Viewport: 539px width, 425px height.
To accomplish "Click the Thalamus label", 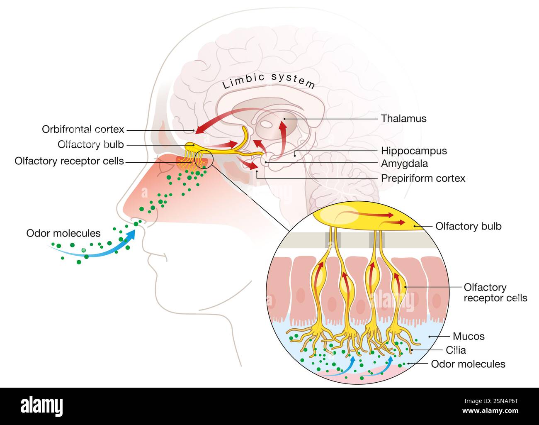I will (x=403, y=119).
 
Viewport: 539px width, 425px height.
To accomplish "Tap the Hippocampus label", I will (x=414, y=151).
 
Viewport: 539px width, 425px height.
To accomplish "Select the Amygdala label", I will (x=404, y=164).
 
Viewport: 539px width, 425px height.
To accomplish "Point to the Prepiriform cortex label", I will (x=423, y=178).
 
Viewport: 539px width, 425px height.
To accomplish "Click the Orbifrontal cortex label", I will (x=83, y=129).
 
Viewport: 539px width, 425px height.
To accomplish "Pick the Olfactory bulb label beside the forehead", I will (x=91, y=145).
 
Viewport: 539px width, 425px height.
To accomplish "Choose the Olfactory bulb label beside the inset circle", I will (x=468, y=226).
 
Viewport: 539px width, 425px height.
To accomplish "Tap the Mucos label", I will (x=469, y=336).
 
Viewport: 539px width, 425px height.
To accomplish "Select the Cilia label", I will (x=456, y=350).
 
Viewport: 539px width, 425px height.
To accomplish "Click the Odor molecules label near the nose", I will (x=63, y=233).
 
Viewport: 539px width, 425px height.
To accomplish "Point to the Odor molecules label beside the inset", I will (x=468, y=364).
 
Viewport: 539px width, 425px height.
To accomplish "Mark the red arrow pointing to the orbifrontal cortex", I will (x=216, y=120).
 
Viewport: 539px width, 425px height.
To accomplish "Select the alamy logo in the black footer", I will (x=42, y=405).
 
